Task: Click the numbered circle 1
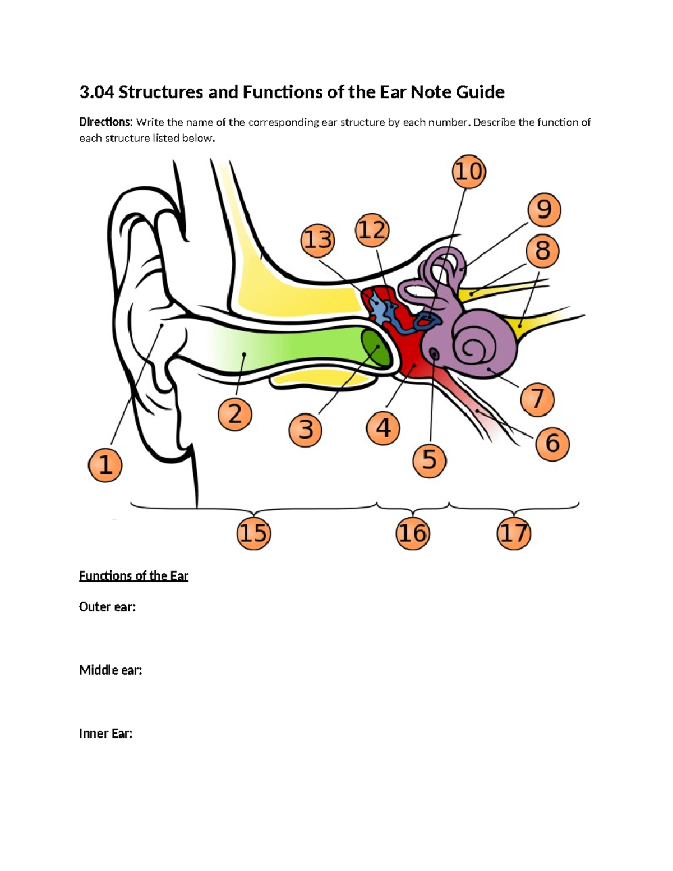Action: [x=105, y=466]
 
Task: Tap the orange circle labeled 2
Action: [x=234, y=414]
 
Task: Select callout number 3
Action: [x=306, y=430]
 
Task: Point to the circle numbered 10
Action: [x=468, y=172]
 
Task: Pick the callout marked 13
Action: [x=317, y=240]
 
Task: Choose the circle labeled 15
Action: [x=253, y=533]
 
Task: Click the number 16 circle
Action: [x=412, y=533]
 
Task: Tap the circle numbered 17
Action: [x=514, y=533]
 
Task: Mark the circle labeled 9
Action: [x=544, y=210]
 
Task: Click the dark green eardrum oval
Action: [x=375, y=348]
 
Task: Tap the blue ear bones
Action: [x=387, y=312]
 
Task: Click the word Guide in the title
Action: [x=480, y=92]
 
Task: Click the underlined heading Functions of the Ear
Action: [x=133, y=576]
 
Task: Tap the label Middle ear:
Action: [x=110, y=670]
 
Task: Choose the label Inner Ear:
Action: [x=106, y=733]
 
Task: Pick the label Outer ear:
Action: [x=107, y=607]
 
